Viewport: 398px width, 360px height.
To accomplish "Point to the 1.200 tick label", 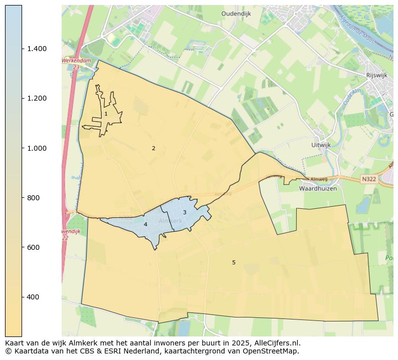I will click(x=37, y=98).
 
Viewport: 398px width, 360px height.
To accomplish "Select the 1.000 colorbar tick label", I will click(x=37, y=148).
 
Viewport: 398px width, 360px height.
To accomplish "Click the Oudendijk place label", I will click(x=236, y=14).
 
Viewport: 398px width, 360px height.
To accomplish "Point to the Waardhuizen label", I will click(x=318, y=189).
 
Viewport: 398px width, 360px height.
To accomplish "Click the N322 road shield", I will click(x=368, y=179).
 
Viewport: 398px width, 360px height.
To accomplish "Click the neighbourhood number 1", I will click(x=106, y=114).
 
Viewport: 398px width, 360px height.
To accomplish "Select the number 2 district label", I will click(x=153, y=148).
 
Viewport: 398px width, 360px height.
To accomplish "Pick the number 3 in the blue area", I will click(x=184, y=213).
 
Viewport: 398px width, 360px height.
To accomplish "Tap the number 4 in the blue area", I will click(x=145, y=224).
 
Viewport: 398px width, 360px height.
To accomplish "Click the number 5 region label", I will click(x=234, y=262).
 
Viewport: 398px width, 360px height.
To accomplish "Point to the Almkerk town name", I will click(x=170, y=221).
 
